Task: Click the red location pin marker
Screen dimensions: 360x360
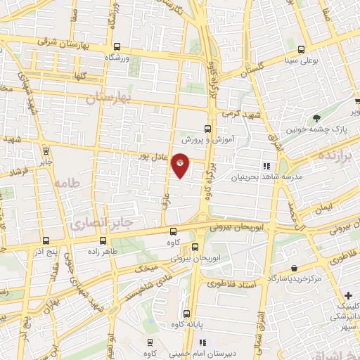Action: (x=181, y=166)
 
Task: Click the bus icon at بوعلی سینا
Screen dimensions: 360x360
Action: (x=301, y=49)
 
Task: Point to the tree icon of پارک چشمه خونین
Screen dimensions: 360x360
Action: (x=317, y=117)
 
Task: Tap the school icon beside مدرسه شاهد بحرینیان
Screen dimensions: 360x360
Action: (x=266, y=166)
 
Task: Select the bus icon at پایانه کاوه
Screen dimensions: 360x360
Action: (x=186, y=314)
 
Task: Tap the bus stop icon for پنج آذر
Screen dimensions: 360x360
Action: (x=44, y=240)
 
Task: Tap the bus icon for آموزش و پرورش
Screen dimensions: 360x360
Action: (x=207, y=129)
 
